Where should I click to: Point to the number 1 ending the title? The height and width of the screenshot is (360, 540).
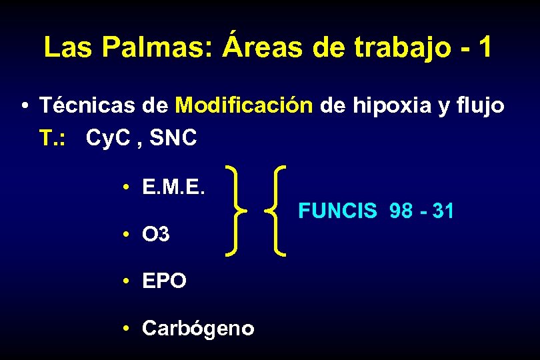coord(485,47)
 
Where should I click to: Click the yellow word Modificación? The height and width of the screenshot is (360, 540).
coord(244,105)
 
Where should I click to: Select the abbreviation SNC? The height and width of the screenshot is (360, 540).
coord(174,138)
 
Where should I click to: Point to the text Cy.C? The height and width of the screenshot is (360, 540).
coord(111,139)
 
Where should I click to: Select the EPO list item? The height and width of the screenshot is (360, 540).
coord(164,281)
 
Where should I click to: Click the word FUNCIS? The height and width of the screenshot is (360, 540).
coord(337,212)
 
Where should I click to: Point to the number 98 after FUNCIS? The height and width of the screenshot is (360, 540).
coord(401,212)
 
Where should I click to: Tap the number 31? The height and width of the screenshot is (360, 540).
coord(443,212)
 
